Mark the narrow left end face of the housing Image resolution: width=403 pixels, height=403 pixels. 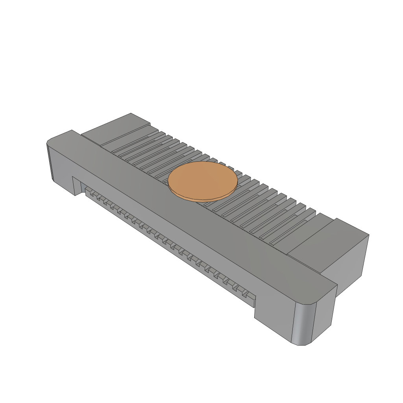50,161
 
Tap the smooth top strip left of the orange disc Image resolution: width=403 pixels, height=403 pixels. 118,165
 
